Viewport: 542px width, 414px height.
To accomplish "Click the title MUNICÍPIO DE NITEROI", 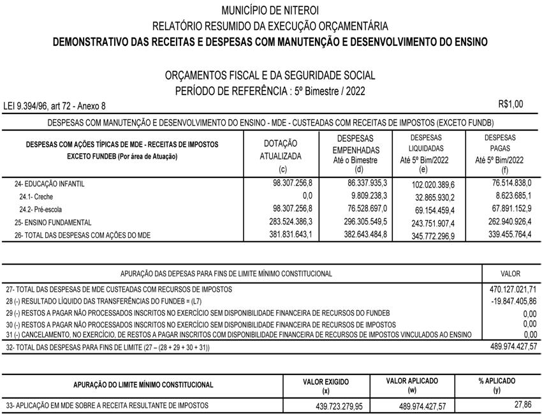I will click(x=270, y=10).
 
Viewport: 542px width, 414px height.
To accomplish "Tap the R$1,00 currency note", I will click(x=510, y=104).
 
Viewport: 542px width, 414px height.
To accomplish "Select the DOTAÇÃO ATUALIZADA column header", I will click(x=280, y=150).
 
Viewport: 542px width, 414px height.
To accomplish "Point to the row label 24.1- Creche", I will click(x=36, y=196).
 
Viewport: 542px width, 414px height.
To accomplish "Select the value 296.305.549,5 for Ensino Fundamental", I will click(x=360, y=221).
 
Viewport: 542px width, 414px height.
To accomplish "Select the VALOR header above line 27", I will click(x=510, y=274).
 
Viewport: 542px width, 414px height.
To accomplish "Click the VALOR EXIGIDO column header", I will click(x=326, y=381).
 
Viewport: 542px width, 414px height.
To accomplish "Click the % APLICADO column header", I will click(x=497, y=381).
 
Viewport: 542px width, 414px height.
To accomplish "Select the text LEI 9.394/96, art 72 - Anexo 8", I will click(x=55, y=106).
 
